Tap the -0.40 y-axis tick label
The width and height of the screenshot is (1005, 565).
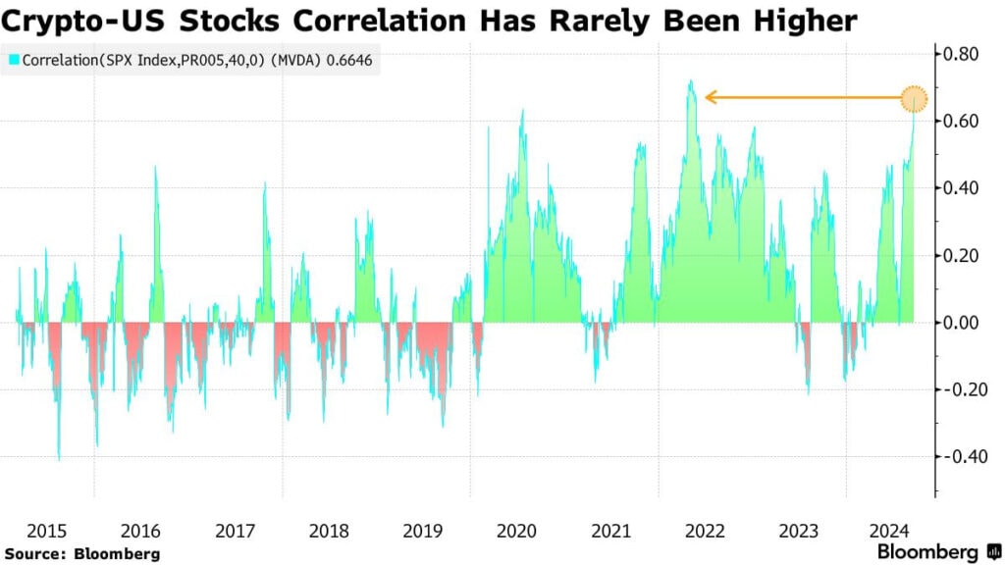coord(962,456)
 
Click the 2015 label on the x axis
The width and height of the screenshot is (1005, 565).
coord(47,531)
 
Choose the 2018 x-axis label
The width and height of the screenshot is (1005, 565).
coord(329,531)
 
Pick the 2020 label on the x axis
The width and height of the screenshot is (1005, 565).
coord(516,531)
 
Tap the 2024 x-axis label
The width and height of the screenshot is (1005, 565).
coord(892,531)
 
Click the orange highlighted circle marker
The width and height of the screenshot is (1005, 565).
coord(915,98)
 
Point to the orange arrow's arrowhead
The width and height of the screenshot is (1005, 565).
coord(710,97)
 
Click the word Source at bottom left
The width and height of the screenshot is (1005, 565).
coord(32,553)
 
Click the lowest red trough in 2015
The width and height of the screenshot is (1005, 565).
coord(59,458)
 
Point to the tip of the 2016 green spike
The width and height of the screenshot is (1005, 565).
coord(155,168)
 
